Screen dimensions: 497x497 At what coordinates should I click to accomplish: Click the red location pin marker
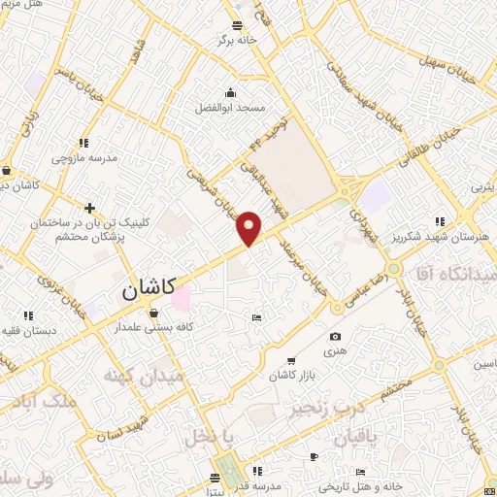(x=249, y=227)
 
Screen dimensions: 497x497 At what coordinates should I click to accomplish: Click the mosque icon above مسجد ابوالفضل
(x=230, y=93)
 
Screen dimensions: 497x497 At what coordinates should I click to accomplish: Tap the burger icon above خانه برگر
(x=239, y=25)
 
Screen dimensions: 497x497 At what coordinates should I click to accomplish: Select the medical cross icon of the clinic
(x=89, y=208)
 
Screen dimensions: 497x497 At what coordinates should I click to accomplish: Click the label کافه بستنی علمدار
(x=154, y=328)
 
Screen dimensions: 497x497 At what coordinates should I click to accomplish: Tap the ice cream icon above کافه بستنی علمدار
(x=154, y=313)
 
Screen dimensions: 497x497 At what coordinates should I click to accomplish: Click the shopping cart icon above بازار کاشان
(x=293, y=360)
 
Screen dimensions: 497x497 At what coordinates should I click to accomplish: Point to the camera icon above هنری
(x=336, y=336)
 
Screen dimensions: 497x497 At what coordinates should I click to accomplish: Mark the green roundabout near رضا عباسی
(x=393, y=267)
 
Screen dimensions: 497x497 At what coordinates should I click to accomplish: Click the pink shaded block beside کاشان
(x=182, y=298)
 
